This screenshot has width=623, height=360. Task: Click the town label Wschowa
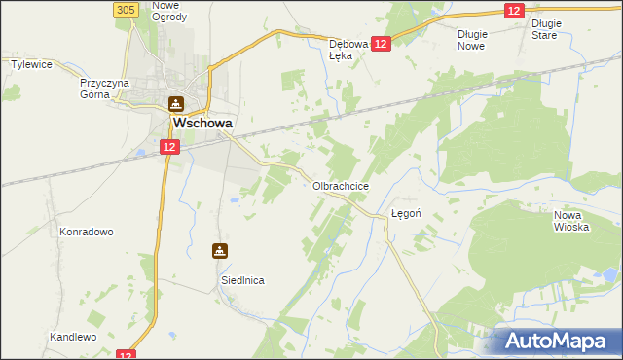pyautogui.click(x=201, y=125)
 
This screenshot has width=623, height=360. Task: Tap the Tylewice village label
pyautogui.click(x=30, y=64)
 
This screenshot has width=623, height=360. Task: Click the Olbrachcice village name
pyautogui.click(x=340, y=185)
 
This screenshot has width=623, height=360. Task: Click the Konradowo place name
pyautogui.click(x=87, y=233)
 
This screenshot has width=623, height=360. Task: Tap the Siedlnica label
pyautogui.click(x=240, y=280)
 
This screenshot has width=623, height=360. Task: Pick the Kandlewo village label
pyautogui.click(x=73, y=337)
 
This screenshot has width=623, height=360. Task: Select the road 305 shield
pyautogui.click(x=124, y=9)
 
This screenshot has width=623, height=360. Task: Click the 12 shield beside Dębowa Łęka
pyautogui.click(x=381, y=44)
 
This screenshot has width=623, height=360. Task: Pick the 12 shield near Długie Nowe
pyautogui.click(x=515, y=10)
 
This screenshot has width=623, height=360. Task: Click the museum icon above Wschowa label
pyautogui.click(x=175, y=103)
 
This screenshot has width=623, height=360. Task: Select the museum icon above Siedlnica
pyautogui.click(x=221, y=251)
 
